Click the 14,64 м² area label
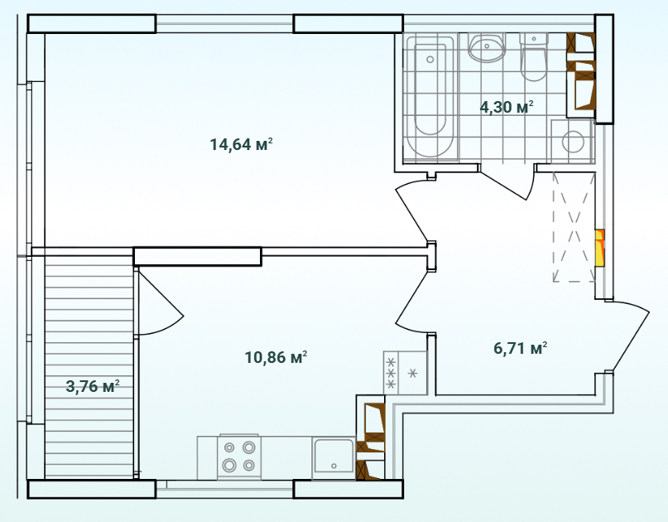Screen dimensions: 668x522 [241, 144]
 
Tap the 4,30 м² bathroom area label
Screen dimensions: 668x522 [506, 107]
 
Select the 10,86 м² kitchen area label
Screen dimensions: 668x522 [276, 357]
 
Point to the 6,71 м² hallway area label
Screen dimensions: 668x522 [520, 348]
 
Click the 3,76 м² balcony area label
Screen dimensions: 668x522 [93, 387]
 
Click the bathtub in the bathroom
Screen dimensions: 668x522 [430, 97]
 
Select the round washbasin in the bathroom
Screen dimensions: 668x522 [487, 47]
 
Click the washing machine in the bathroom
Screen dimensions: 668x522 [572, 141]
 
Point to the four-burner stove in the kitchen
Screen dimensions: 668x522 [239, 457]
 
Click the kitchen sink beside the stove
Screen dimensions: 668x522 [334, 457]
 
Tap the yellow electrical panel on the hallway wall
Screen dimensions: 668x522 [599, 248]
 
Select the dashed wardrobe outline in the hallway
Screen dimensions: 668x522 [574, 227]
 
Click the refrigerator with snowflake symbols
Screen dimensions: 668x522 [405, 373]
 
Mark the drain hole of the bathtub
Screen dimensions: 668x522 [430, 60]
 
